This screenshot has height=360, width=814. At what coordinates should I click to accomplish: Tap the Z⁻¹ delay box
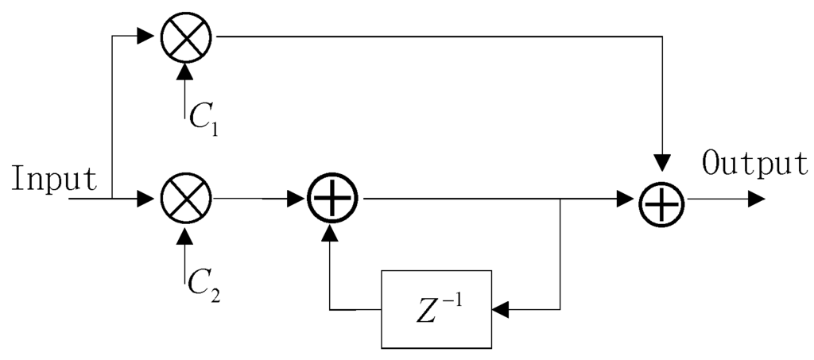[x=436, y=309]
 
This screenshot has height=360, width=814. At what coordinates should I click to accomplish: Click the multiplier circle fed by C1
[x=185, y=37]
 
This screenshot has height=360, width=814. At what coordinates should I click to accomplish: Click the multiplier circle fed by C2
[x=185, y=199]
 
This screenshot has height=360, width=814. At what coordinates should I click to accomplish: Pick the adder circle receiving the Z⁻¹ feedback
[x=332, y=199]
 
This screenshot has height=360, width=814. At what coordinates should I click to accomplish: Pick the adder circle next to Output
[x=663, y=199]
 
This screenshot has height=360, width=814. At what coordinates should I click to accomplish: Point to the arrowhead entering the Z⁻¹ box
[x=501, y=309]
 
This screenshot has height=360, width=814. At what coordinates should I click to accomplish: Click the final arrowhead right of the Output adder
[x=756, y=199]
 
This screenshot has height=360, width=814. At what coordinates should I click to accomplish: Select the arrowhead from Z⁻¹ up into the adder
[x=332, y=232]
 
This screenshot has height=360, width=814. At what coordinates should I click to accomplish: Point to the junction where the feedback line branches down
[x=561, y=199]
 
